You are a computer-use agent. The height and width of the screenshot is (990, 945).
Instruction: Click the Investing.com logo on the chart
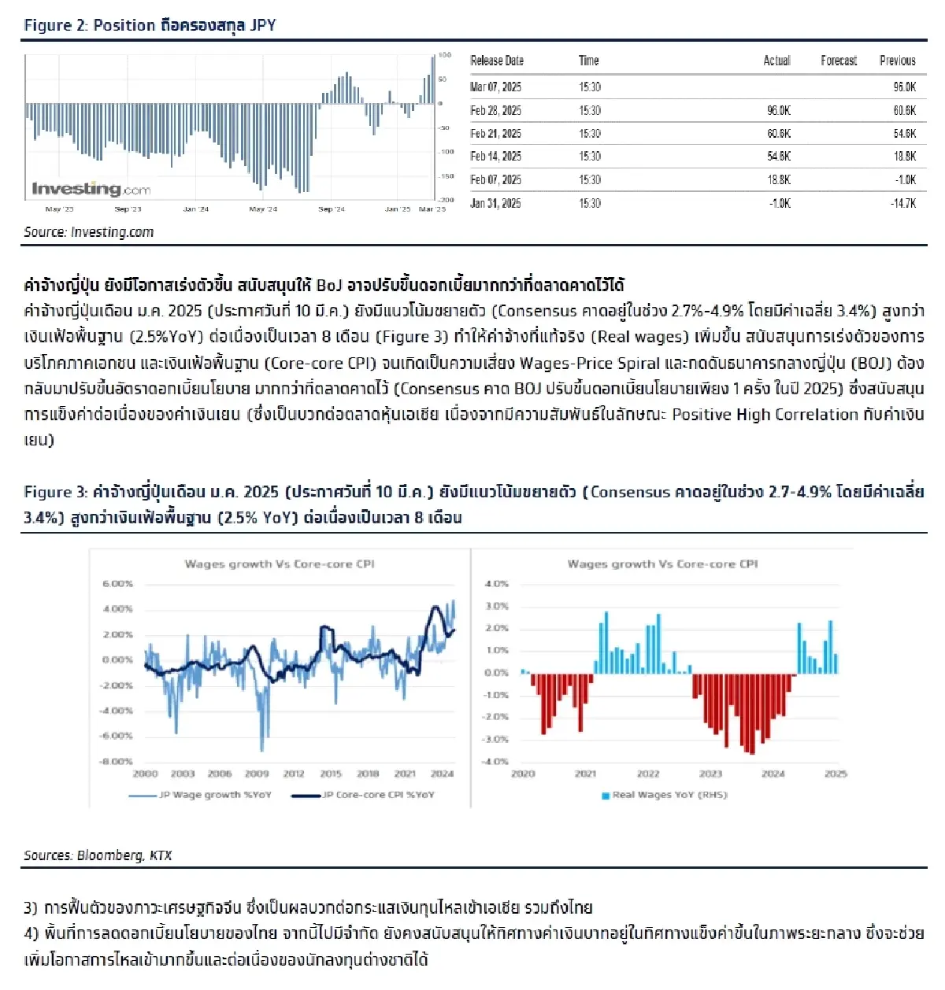coord(91,189)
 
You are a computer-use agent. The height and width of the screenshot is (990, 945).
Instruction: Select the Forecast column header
coord(838,61)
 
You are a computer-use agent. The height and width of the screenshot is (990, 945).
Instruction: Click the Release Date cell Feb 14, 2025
coord(495,157)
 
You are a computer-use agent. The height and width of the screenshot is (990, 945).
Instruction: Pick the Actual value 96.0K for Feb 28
coord(778,110)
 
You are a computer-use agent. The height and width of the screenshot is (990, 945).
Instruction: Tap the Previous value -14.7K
coord(903,203)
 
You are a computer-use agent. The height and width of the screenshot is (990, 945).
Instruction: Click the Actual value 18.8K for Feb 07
coord(778,179)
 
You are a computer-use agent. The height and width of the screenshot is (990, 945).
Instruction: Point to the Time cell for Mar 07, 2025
coord(589,87)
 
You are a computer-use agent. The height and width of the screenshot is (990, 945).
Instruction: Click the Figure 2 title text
coord(150,25)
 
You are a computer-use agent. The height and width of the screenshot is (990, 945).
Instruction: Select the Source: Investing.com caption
coord(88,232)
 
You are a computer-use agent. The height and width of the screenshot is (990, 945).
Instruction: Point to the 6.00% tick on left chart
coord(117,584)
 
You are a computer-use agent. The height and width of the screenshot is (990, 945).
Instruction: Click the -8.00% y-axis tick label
coord(117,761)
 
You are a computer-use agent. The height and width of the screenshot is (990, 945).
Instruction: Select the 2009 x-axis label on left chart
coord(257,774)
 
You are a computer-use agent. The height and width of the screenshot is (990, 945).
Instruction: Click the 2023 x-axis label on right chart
coord(710,774)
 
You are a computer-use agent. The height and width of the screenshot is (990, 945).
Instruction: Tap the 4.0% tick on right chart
coord(496,584)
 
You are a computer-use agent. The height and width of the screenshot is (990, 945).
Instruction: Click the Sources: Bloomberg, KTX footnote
coord(98,855)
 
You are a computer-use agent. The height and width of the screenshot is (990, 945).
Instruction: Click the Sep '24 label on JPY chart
coord(332,209)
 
